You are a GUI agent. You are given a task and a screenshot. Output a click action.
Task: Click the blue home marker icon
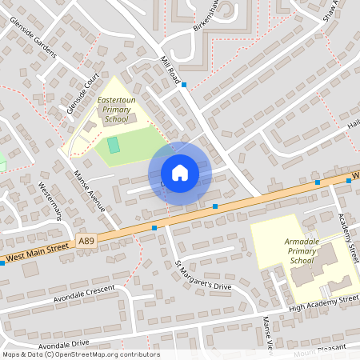[180, 173]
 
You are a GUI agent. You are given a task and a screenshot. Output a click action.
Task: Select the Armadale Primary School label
[302, 250]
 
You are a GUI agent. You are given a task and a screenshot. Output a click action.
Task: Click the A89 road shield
[86, 238]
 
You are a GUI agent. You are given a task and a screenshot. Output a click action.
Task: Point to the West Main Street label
[36, 252]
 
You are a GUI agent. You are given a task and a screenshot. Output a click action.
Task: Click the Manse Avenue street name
[90, 192]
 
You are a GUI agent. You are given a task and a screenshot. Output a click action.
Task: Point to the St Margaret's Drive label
[203, 274]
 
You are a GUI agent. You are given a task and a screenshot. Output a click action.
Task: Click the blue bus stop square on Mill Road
[184, 85]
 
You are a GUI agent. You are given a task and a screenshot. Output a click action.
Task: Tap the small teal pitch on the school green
[114, 145]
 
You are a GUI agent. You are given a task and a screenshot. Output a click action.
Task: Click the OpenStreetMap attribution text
[80, 354]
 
